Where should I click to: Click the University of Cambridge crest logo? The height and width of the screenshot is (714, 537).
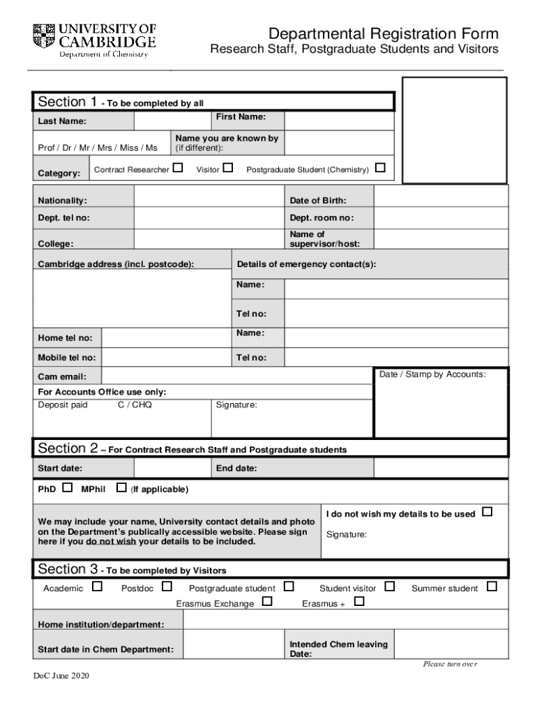pos(43,34)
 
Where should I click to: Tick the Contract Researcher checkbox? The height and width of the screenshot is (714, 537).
pos(179,168)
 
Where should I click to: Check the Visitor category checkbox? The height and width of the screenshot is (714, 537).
pos(227,168)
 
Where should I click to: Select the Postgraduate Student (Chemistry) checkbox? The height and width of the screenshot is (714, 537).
pos(380,168)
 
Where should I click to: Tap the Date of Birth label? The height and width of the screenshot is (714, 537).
pos(317,201)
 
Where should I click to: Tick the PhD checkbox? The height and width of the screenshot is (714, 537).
pos(67,487)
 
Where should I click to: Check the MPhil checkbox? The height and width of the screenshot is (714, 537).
pos(121,487)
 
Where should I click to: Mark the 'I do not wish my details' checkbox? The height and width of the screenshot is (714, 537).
pos(487,512)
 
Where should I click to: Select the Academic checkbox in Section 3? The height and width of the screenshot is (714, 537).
pos(98,587)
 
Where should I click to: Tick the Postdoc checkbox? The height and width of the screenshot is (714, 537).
pos(167,587)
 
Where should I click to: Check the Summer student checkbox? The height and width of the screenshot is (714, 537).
pos(492,587)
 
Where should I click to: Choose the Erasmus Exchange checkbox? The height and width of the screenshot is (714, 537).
pos(267,602)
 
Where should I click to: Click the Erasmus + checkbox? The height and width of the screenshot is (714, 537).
pos(359,602)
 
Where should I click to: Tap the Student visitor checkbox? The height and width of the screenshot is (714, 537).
pos(390,587)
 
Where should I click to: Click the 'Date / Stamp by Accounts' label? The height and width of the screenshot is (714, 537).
pos(432,374)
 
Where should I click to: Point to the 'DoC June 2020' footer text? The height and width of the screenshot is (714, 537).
pos(61,676)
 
